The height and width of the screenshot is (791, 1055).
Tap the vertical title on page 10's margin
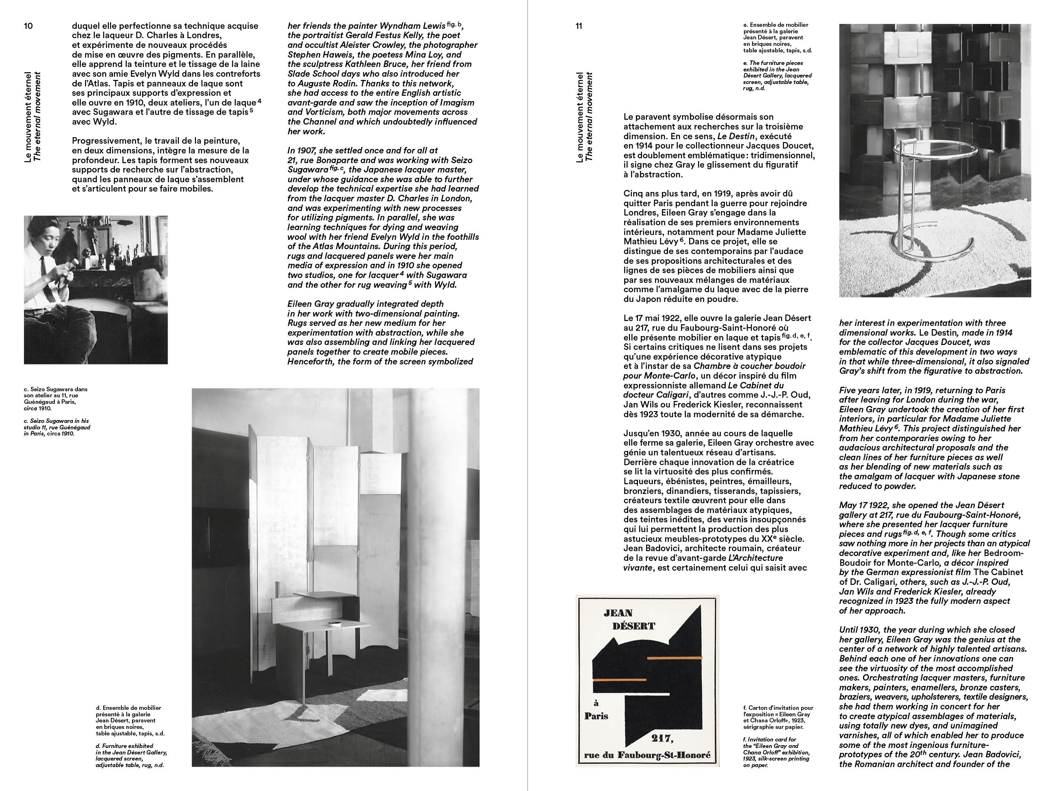point(33,117)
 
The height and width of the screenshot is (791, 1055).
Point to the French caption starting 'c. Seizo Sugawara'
point(55,399)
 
